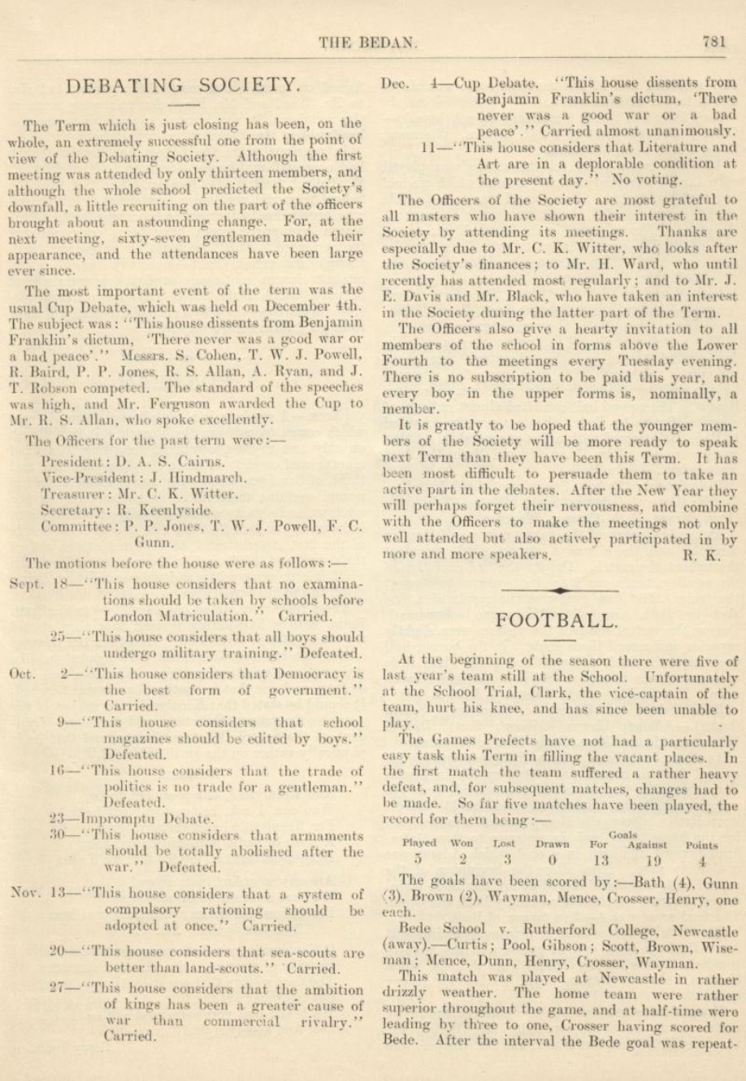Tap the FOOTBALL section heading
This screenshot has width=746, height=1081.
click(556, 620)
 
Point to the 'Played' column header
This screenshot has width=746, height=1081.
click(419, 843)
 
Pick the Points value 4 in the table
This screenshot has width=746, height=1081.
click(701, 860)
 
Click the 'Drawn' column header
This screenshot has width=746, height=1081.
click(552, 843)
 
